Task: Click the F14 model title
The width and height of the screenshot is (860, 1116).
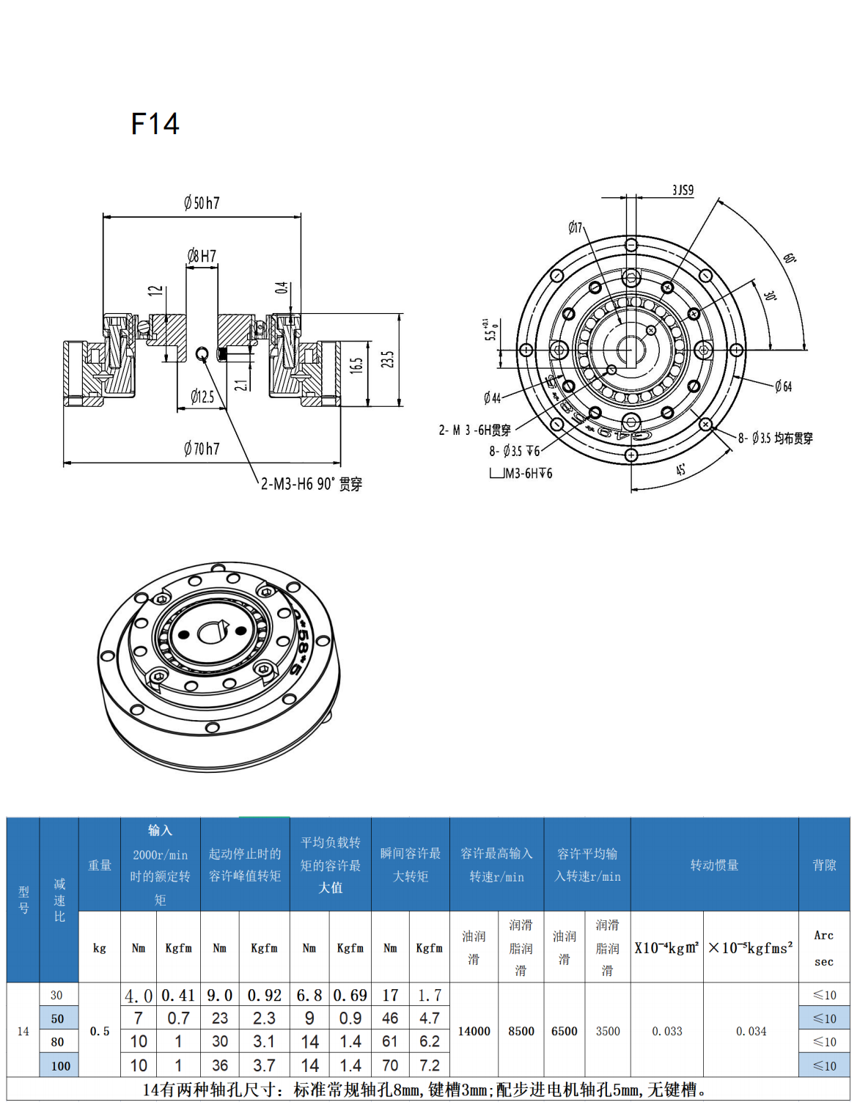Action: (155, 124)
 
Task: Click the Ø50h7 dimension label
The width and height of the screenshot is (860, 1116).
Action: (202, 203)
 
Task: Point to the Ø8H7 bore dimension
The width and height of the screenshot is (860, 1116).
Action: (202, 256)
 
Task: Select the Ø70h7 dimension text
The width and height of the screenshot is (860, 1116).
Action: (202, 449)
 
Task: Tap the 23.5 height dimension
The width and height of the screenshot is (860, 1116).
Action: (388, 359)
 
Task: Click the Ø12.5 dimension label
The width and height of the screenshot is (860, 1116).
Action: (202, 397)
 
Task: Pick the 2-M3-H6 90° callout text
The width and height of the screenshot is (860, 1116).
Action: (312, 484)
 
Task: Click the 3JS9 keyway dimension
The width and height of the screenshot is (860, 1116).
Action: (683, 190)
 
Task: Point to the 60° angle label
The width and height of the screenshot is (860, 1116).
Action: (790, 258)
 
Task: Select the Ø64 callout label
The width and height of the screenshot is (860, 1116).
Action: (783, 386)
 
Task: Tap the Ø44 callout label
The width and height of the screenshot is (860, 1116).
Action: (492, 398)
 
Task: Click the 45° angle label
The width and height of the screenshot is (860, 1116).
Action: (681, 469)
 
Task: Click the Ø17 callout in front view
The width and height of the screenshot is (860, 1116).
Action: (576, 227)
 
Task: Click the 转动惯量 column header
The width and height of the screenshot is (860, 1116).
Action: (714, 865)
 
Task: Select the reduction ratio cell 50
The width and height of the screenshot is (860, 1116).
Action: (58, 1018)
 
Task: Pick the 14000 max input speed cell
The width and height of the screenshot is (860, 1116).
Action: (474, 1031)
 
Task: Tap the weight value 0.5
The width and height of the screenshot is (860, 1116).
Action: (100, 1031)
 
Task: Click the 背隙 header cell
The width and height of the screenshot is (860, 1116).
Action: (824, 865)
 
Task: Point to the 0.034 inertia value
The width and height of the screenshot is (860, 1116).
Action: (751, 1031)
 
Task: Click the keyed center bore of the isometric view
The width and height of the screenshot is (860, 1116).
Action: (213, 631)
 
